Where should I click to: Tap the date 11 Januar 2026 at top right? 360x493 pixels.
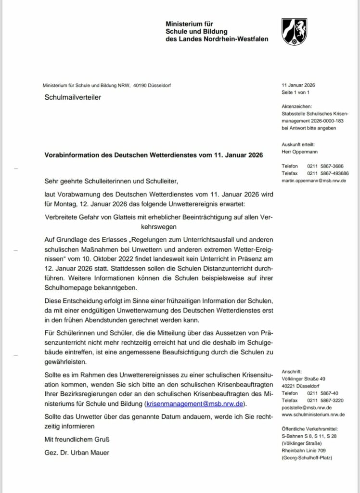click(x=298, y=85)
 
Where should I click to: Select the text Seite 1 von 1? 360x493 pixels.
click(x=295, y=92)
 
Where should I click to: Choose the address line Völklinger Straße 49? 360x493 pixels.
click(x=304, y=379)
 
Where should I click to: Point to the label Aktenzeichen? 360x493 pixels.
click(x=297, y=106)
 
